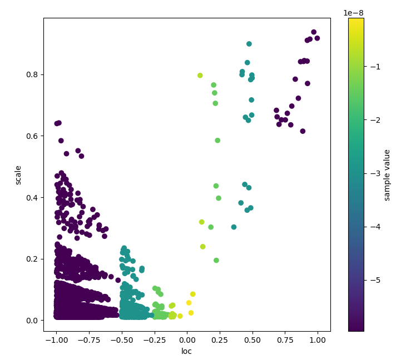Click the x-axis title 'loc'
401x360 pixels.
point(187,351)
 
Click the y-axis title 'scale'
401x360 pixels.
point(18,175)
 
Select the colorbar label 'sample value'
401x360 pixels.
point(387,175)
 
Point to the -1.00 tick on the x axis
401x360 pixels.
point(56,339)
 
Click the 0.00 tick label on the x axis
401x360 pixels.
point(187,339)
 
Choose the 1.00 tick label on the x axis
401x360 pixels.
point(318,339)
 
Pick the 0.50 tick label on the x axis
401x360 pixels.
point(253,339)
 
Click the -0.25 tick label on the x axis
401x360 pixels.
point(154,339)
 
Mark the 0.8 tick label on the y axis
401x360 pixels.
point(32,74)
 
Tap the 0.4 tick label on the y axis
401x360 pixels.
point(32,197)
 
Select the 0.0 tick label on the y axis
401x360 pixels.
point(32,321)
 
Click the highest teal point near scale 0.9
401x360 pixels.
point(249,44)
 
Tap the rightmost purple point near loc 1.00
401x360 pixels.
point(317,38)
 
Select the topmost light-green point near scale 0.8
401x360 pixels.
point(200,76)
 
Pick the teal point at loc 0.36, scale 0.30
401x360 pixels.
point(234,227)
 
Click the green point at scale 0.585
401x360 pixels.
point(217,141)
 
